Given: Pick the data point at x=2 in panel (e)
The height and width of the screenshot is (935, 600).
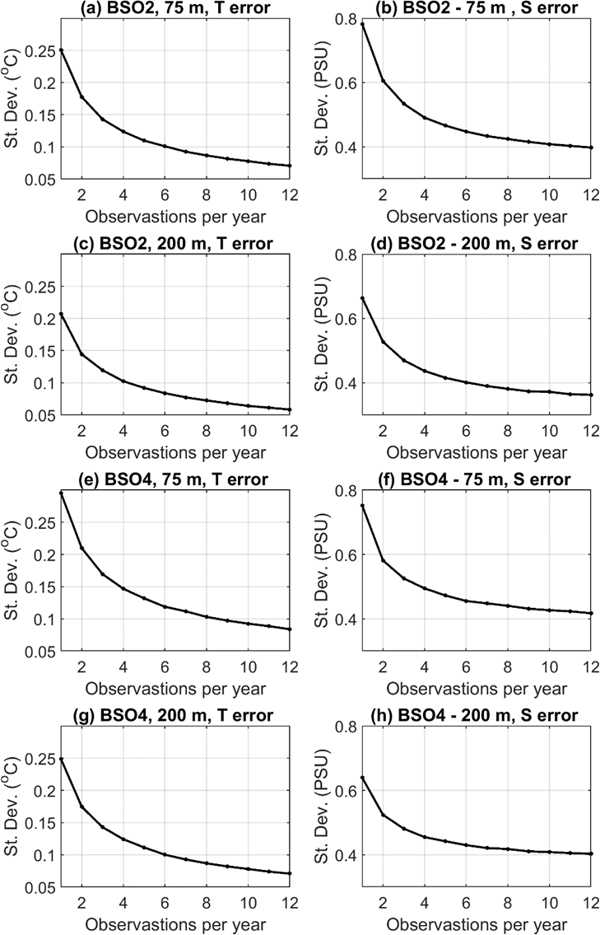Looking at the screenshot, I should tap(81, 548).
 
